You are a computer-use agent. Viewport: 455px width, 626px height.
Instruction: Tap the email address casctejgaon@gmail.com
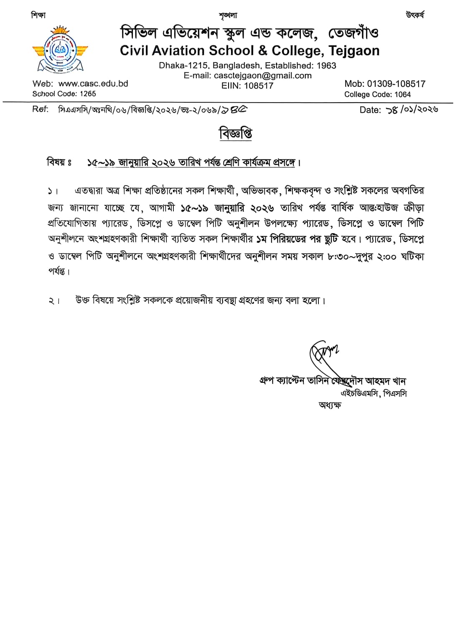pos(262,76)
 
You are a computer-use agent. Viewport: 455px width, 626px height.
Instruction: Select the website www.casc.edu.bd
pos(93,83)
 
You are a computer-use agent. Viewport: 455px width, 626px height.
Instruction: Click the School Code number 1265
pos(88,94)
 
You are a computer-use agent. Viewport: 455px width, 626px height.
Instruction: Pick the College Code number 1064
pos(402,94)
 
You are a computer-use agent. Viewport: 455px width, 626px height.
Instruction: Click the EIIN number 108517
pos(259,86)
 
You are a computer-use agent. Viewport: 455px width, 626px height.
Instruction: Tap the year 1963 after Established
pos(326,66)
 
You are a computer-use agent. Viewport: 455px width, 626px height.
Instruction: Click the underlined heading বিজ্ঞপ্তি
pos(236,134)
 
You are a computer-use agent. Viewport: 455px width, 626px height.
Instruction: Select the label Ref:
pos(40,109)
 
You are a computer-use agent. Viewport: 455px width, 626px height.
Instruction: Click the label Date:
pos(370,110)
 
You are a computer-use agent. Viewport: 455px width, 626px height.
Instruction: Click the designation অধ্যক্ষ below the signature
pos(330,405)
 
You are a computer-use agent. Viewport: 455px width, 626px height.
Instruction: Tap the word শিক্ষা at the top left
pos(38,15)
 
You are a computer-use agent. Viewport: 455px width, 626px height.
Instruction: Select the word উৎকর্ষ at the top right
pos(414,15)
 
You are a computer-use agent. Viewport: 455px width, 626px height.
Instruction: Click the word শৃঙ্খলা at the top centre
pos(228,16)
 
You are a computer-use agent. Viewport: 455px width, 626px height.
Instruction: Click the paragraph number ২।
pos(54,301)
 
